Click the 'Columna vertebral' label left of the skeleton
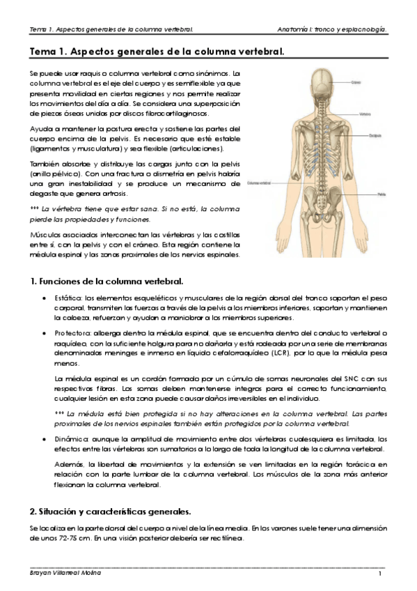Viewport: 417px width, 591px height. tap(258, 184)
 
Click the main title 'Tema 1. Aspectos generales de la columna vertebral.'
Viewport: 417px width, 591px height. tap(156, 51)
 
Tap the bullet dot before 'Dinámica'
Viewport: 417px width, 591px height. tap(44, 440)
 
